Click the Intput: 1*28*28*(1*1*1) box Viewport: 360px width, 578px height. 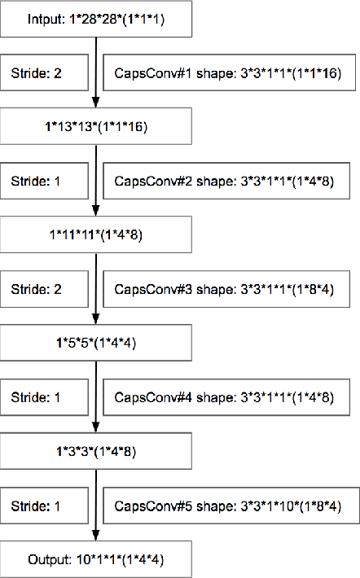97,20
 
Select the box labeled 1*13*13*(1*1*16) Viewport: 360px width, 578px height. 97,127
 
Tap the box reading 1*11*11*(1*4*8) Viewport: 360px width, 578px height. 97,235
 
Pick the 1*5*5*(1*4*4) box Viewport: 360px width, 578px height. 97,344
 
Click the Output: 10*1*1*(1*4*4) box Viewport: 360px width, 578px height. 97,560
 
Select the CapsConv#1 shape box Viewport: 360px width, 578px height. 231,73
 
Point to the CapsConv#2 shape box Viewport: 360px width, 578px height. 231,181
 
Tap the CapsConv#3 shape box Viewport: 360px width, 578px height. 231,289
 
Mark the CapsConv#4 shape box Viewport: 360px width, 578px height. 231,397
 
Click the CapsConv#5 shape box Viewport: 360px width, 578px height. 231,506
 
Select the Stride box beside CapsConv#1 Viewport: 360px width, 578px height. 44,73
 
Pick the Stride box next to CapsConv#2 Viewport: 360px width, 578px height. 44,181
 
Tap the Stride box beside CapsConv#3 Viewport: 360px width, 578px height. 44,289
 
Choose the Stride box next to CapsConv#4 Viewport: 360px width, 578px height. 44,397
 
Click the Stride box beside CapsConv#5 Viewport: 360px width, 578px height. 44,506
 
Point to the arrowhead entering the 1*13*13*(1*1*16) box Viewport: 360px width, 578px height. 97,104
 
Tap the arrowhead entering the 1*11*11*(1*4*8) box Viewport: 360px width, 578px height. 97,212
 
